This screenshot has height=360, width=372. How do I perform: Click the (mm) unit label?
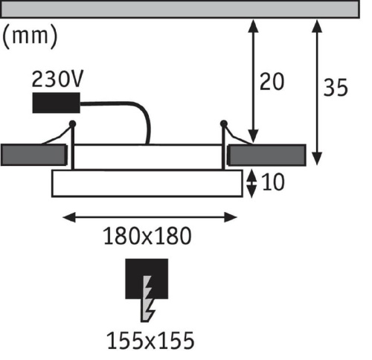30,36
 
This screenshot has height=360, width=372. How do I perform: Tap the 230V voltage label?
58,79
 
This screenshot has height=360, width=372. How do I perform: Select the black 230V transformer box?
57,103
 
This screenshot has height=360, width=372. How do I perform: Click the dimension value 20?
272,82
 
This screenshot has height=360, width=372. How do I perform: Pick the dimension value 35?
336,88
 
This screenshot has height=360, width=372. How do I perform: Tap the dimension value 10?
273,182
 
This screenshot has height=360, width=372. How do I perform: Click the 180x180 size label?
147,236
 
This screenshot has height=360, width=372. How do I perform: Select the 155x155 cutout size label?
151,341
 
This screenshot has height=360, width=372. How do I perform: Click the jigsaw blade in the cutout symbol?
148,299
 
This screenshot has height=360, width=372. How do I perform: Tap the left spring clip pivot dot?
72,123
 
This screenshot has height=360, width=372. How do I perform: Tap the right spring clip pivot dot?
224,123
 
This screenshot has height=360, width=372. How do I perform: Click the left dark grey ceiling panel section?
33,155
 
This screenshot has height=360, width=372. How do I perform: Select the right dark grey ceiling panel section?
266,155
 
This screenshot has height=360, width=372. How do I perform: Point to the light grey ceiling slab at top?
180,9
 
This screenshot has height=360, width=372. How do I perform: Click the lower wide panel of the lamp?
147,183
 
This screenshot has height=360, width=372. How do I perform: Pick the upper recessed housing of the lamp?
148,157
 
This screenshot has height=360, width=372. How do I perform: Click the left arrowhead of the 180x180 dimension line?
69,217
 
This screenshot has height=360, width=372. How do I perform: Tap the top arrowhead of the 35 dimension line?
317,26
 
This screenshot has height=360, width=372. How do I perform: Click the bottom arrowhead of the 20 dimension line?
253,137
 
